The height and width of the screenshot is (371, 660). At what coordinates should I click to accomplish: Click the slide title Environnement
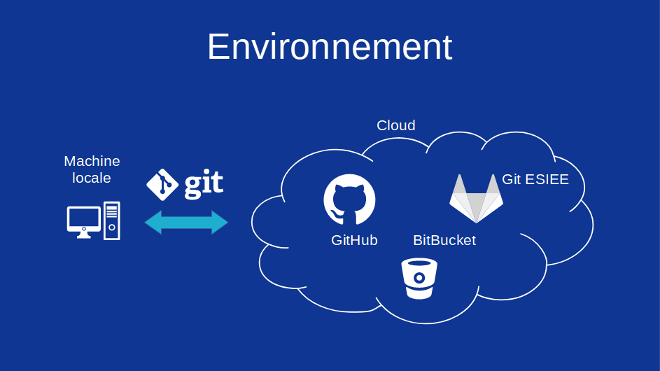tap(329, 47)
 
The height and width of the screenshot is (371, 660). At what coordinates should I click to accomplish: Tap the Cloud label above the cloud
tap(395, 125)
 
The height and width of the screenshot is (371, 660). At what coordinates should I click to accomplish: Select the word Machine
tap(92, 161)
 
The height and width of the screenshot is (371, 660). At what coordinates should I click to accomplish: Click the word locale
tap(92, 178)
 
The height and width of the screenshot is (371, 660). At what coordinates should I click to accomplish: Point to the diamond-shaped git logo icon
tap(162, 185)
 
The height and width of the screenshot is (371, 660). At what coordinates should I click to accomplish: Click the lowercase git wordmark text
tap(204, 183)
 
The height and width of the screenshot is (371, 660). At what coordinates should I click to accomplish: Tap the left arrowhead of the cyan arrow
tap(153, 223)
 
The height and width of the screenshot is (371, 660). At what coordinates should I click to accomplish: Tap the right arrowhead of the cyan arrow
tap(220, 223)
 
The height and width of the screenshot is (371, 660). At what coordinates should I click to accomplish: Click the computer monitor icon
tap(84, 218)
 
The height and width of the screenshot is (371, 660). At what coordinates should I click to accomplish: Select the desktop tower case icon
tap(112, 220)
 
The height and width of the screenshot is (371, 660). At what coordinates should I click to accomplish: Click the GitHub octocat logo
tap(349, 199)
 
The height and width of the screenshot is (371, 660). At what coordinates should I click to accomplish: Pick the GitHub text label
tap(354, 240)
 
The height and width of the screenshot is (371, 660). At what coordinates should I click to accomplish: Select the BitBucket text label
tap(444, 240)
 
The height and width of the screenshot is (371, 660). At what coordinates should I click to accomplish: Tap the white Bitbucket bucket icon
tap(419, 278)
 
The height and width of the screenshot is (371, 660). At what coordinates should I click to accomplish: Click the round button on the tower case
tap(112, 227)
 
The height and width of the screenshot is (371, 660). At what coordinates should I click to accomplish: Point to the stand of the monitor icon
tap(84, 234)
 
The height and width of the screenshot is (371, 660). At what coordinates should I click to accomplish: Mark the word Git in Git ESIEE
tap(512, 179)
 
